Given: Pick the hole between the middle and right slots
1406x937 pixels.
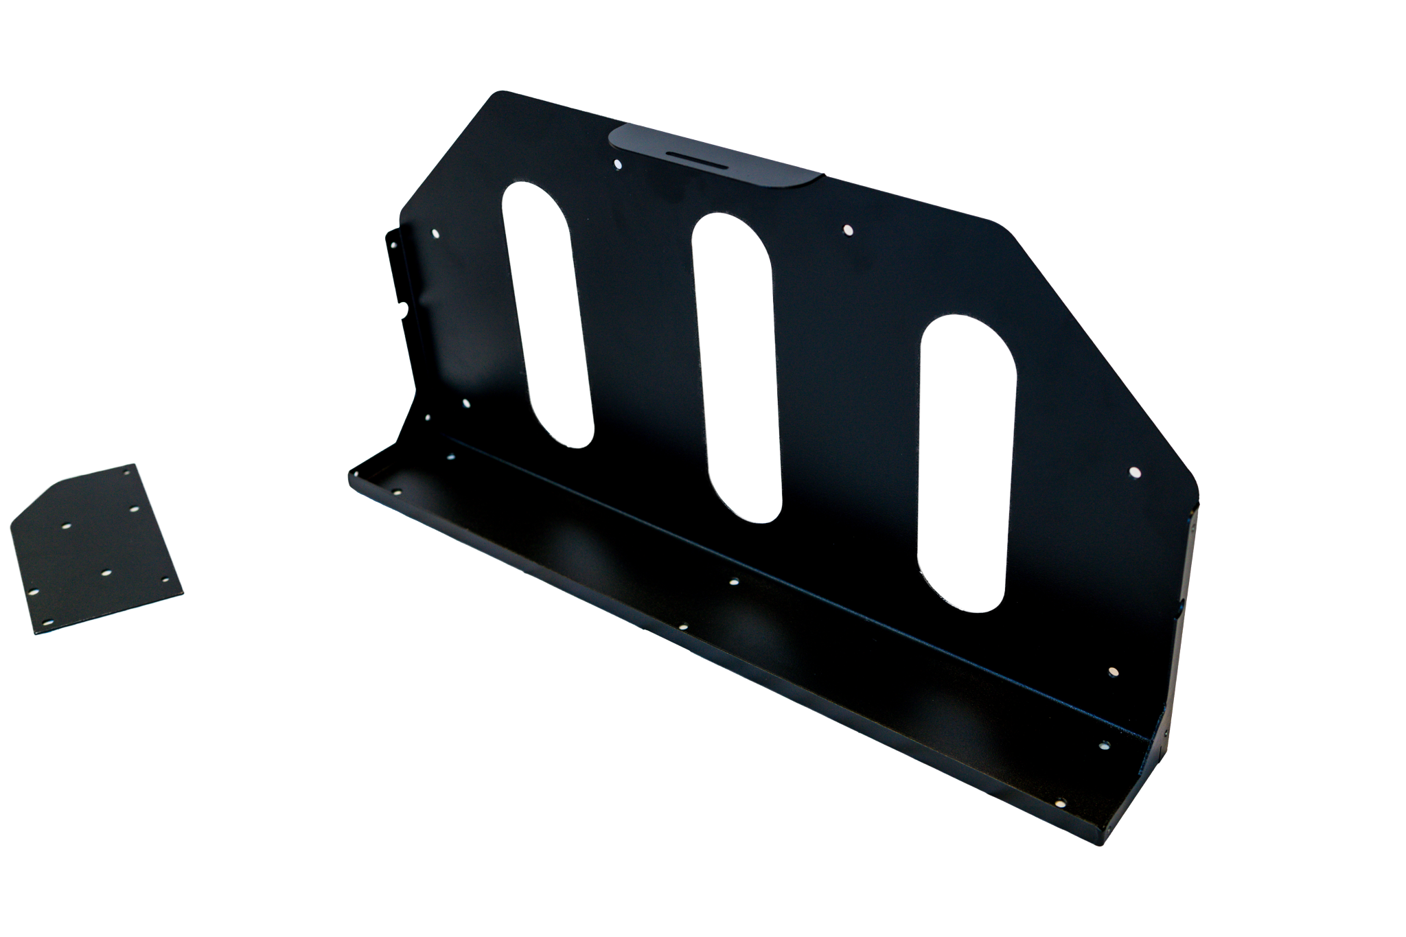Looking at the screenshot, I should (847, 229).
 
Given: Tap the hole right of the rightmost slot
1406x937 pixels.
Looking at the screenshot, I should (1134, 472).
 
